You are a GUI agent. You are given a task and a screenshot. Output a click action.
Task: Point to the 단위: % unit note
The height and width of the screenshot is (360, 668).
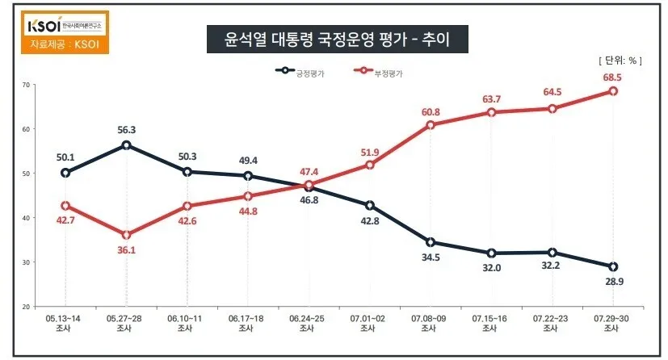[x=620, y=61]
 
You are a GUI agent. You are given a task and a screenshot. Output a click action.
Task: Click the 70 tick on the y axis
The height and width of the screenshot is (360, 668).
[x=27, y=85]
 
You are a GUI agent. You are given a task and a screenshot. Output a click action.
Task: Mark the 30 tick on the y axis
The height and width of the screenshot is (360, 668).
[x=27, y=262]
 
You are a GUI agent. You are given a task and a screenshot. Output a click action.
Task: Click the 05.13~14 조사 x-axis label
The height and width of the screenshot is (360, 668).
[x=65, y=324]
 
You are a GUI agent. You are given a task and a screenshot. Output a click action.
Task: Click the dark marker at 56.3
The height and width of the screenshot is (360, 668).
[x=126, y=145]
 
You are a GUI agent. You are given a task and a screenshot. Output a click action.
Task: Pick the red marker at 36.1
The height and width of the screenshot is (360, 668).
[x=126, y=235]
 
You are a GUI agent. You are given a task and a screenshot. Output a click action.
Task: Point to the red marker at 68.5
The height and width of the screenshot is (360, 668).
[x=613, y=91]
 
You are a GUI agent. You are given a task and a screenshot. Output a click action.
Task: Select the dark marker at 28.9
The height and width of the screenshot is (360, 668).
[x=613, y=266]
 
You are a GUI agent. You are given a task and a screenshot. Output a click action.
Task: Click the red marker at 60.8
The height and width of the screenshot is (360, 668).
[x=431, y=125]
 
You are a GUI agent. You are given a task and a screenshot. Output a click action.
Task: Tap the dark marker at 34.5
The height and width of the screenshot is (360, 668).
[x=431, y=242]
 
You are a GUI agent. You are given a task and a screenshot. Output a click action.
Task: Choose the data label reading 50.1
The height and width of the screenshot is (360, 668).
[x=65, y=157]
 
